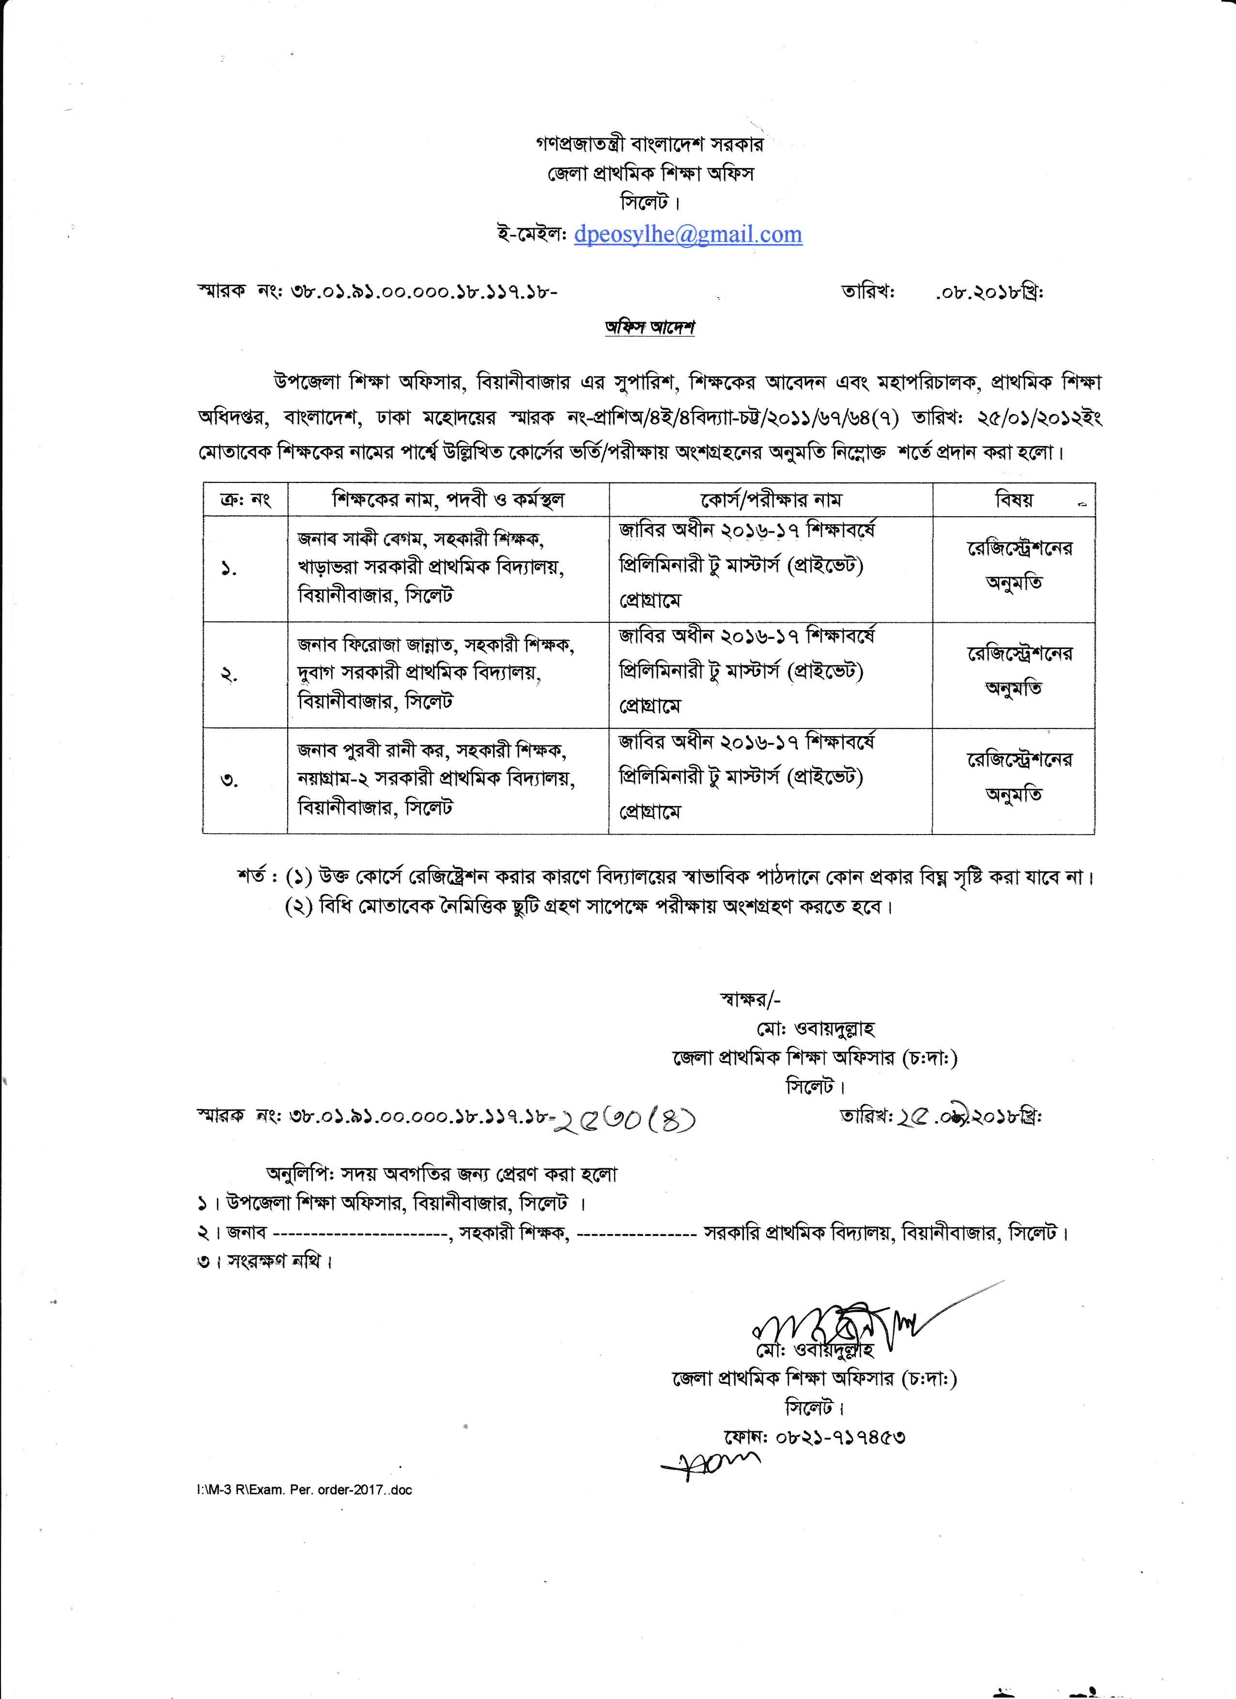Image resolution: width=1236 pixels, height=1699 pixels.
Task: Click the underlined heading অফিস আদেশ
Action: [x=649, y=327]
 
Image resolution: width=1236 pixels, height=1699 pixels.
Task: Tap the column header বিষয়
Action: [x=1014, y=500]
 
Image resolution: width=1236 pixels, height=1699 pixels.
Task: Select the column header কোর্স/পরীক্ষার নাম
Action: [x=771, y=500]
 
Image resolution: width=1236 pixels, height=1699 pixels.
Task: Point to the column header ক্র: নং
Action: [x=245, y=500]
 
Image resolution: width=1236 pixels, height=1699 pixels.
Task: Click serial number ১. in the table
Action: [x=229, y=570]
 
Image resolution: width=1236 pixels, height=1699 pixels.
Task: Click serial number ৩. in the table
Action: [x=229, y=781]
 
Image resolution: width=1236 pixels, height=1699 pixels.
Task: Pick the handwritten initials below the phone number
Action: [x=710, y=1463]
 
